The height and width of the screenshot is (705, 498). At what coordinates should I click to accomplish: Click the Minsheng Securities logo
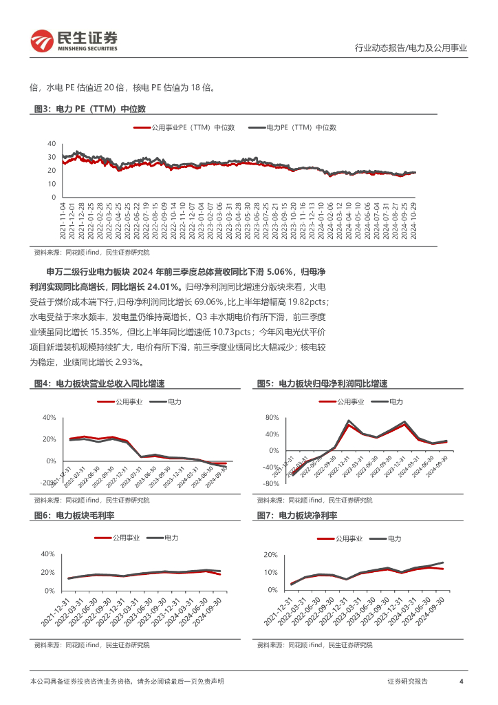pyautogui.click(x=73, y=41)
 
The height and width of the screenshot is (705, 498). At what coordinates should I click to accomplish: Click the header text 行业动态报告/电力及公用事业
pyautogui.click(x=410, y=48)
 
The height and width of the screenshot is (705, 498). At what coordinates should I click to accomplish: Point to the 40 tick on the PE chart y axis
pyautogui.click(x=52, y=143)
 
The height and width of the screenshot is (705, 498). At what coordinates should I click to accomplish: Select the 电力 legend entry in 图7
pyautogui.click(x=395, y=538)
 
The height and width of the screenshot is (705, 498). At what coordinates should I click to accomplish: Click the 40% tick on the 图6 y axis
pyautogui.click(x=47, y=554)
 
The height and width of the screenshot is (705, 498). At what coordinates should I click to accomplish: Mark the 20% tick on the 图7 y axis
pyautogui.click(x=270, y=555)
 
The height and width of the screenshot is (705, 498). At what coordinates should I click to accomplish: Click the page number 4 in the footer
pyautogui.click(x=460, y=682)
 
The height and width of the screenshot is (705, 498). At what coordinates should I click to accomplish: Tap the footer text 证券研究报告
pyautogui.click(x=407, y=682)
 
